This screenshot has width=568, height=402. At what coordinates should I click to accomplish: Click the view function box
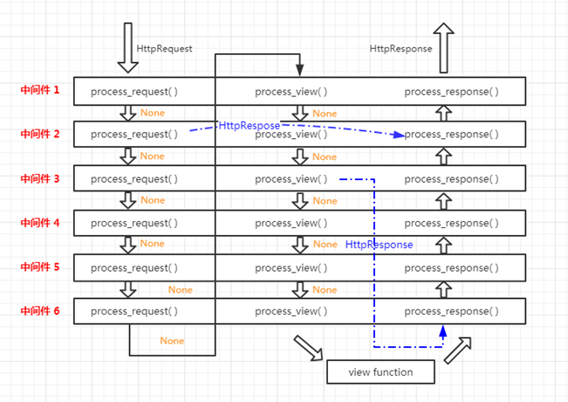381,372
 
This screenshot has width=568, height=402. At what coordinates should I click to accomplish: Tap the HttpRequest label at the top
164,49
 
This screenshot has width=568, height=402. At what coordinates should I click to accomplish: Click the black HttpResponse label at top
400,49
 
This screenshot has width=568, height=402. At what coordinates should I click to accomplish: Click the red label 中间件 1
40,90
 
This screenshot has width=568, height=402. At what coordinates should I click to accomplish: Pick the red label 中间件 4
40,223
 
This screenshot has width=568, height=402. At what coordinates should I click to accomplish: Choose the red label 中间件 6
40,310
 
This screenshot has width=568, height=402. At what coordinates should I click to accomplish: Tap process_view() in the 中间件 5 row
291,267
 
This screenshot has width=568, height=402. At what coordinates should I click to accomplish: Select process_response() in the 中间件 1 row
452,91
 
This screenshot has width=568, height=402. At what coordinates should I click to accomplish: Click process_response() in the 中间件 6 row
452,311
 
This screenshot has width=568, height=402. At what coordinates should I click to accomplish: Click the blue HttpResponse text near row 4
380,245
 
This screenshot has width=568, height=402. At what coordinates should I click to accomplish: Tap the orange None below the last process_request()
173,340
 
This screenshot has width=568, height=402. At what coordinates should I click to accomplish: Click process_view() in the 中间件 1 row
291,91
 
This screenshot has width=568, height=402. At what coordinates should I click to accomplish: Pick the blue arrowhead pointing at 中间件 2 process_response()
400,135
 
